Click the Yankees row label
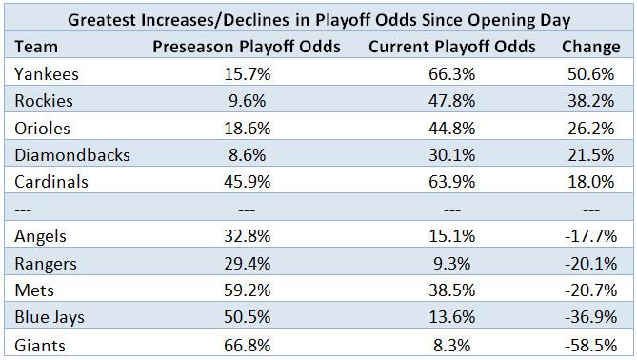pos(47,74)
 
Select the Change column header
pos(590,47)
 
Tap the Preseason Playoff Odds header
pos(247,47)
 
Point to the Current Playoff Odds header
pos(451,47)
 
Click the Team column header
pos(36,47)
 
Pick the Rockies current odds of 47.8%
pos(451,101)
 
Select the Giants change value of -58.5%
pos(590,346)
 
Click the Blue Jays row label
pos(50,318)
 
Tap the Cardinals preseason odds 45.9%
pos(247,182)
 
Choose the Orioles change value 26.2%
pos(590,129)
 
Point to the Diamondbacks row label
pos(72,155)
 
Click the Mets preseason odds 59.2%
pos(247,290)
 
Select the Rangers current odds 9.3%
pos(451,264)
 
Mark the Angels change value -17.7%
pos(590,236)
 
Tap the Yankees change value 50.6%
pos(590,74)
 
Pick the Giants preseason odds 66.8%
pos(247,346)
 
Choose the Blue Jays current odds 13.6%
pos(451,317)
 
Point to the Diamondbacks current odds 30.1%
pos(451,155)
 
